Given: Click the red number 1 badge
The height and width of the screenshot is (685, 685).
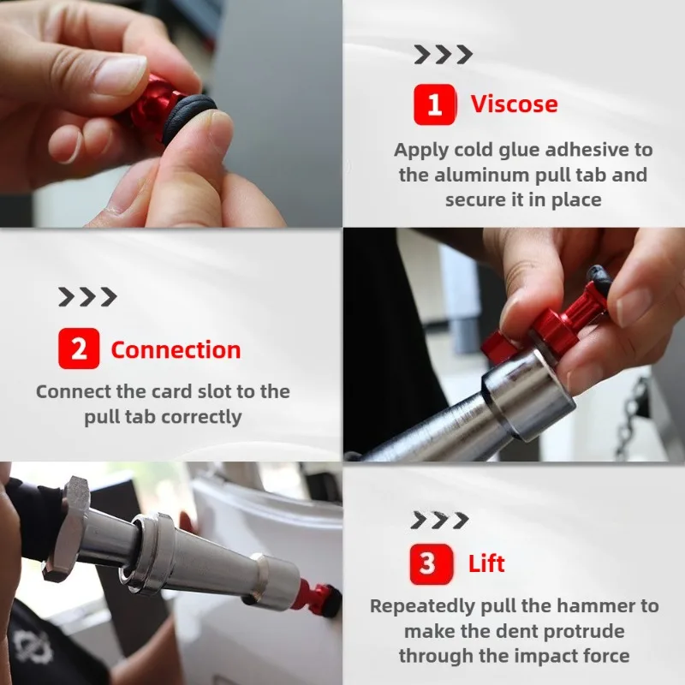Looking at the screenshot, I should [x=434, y=104].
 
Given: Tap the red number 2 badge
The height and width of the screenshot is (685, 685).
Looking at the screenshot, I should [x=79, y=349].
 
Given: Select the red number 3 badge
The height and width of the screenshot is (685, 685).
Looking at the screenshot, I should [x=427, y=563].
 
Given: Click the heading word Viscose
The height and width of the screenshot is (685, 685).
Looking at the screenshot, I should [x=514, y=104].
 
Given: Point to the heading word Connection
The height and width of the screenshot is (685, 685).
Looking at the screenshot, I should [x=176, y=349].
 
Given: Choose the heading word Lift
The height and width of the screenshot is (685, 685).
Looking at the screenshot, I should [x=486, y=563].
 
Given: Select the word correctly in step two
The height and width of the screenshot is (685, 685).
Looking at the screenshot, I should [x=200, y=417].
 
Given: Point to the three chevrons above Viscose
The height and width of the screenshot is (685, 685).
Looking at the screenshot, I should [x=443, y=55].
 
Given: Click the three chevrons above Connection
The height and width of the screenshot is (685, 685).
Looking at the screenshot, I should [x=87, y=297].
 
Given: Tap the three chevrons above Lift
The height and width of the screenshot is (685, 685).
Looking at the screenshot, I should [x=439, y=520].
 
